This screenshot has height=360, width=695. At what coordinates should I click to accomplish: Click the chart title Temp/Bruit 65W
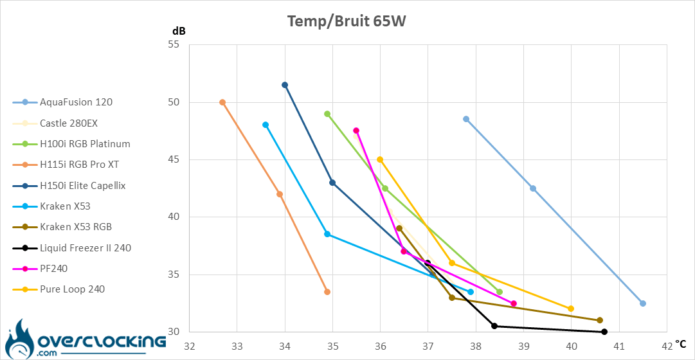(347, 21)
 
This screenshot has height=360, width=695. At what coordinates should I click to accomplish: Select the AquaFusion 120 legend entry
(76, 102)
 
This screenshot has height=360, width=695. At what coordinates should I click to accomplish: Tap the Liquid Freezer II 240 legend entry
(85, 248)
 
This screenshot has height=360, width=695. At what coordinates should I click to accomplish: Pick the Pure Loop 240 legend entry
(72, 289)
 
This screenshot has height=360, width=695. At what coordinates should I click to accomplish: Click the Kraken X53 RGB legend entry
(75, 227)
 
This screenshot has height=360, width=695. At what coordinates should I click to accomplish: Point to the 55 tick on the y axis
(174, 45)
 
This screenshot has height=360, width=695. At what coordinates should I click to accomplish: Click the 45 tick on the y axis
(174, 160)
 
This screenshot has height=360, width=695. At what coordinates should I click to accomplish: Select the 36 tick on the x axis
(380, 346)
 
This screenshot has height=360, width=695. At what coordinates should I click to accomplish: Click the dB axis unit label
(179, 31)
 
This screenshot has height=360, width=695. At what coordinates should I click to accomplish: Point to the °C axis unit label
(681, 344)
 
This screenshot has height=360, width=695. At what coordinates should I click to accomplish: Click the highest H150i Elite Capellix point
(285, 85)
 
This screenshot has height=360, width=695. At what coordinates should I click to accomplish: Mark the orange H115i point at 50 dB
(222, 102)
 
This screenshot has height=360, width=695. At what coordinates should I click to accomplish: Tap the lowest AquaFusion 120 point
(643, 303)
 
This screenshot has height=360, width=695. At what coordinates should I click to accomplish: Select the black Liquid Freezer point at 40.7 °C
(604, 332)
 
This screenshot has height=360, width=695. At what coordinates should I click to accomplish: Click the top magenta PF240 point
(356, 130)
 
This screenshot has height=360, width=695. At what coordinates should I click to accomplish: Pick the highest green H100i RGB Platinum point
(327, 114)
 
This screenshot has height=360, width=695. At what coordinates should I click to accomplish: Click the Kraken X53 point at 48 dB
(266, 125)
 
